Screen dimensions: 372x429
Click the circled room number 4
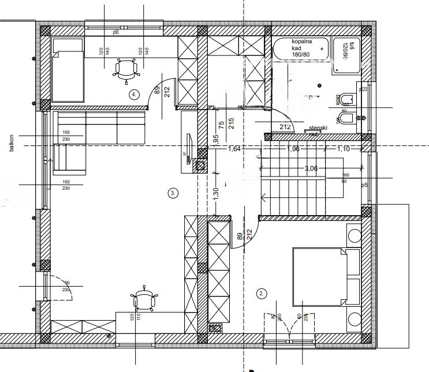[x=135, y=94]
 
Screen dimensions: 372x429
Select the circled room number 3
[x=173, y=193]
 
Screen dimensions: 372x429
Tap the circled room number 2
[x=261, y=294]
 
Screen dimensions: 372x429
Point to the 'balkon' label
[x=11, y=143]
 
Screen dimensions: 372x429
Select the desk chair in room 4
[x=125, y=69]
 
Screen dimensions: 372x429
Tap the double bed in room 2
[x=319, y=276]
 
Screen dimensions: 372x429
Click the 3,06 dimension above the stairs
[x=312, y=168]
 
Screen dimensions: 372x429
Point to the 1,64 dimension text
[x=234, y=149]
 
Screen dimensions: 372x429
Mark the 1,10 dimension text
[x=344, y=149]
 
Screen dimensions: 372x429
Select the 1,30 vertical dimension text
[x=215, y=194]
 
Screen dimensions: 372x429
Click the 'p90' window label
[x=115, y=32]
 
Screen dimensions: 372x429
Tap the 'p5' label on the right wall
[x=364, y=186]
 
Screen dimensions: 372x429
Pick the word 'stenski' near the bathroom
[x=319, y=127]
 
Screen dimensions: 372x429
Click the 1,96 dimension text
[x=293, y=149]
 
